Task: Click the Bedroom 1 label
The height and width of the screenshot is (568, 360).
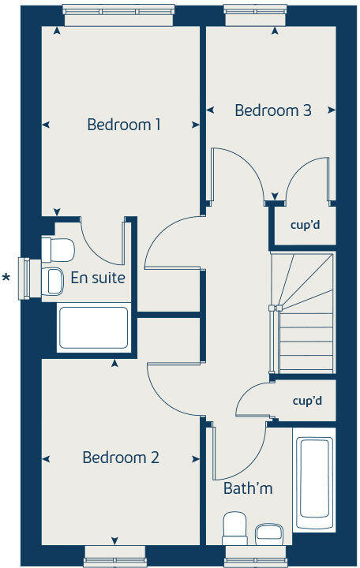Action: click(124, 125)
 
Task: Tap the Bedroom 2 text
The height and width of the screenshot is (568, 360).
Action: click(122, 458)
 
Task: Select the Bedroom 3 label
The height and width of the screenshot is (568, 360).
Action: click(273, 110)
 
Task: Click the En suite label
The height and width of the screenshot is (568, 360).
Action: click(98, 278)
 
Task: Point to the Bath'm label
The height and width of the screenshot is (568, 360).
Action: click(248, 488)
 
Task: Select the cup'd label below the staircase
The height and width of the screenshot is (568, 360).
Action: click(307, 401)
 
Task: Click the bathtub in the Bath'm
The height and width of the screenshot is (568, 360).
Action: click(314, 482)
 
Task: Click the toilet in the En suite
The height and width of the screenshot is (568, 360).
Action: click(58, 250)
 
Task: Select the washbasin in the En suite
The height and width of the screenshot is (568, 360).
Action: click(53, 280)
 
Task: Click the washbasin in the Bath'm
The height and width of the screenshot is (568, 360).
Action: click(268, 532)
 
